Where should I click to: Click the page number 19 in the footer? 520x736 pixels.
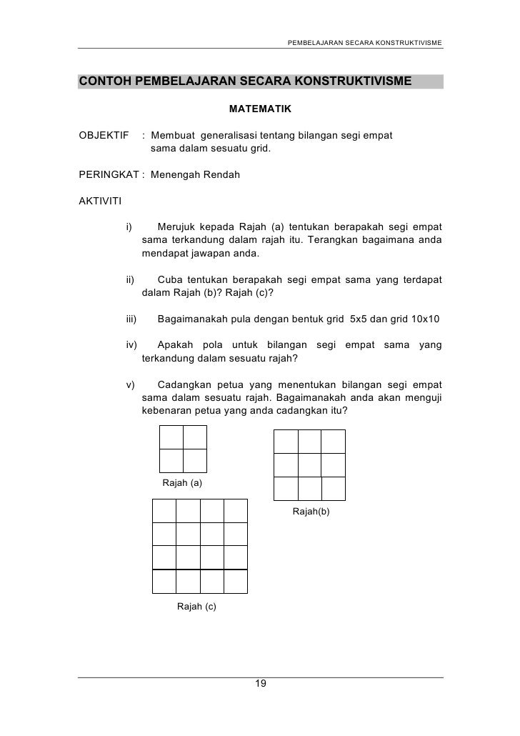pos(260,685)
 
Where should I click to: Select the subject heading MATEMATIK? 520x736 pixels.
pos(260,111)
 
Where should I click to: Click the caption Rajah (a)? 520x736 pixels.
pos(183,483)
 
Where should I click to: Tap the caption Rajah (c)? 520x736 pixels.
pos(196,607)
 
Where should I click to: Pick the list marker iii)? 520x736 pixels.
pos(131,319)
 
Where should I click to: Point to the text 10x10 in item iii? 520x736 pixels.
pos(426,319)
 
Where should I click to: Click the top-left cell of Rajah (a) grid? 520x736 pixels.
pos(171,437)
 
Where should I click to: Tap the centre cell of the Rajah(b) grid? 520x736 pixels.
pos(309,464)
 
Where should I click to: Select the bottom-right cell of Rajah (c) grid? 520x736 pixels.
pos(236,581)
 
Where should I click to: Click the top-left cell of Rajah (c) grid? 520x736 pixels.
pos(164,510)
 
